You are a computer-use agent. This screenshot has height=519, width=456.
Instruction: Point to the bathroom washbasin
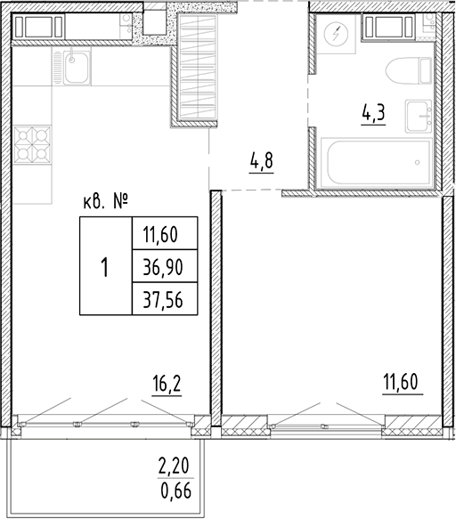(x=419, y=114)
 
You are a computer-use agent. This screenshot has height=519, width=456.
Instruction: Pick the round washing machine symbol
(x=337, y=36)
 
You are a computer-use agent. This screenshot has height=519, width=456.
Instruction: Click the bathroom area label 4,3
(x=373, y=115)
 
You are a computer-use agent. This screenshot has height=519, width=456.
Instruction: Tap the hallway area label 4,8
(x=261, y=164)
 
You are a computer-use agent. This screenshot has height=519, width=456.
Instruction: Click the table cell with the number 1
(x=105, y=266)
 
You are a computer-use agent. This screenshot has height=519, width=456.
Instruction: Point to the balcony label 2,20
(x=174, y=465)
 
